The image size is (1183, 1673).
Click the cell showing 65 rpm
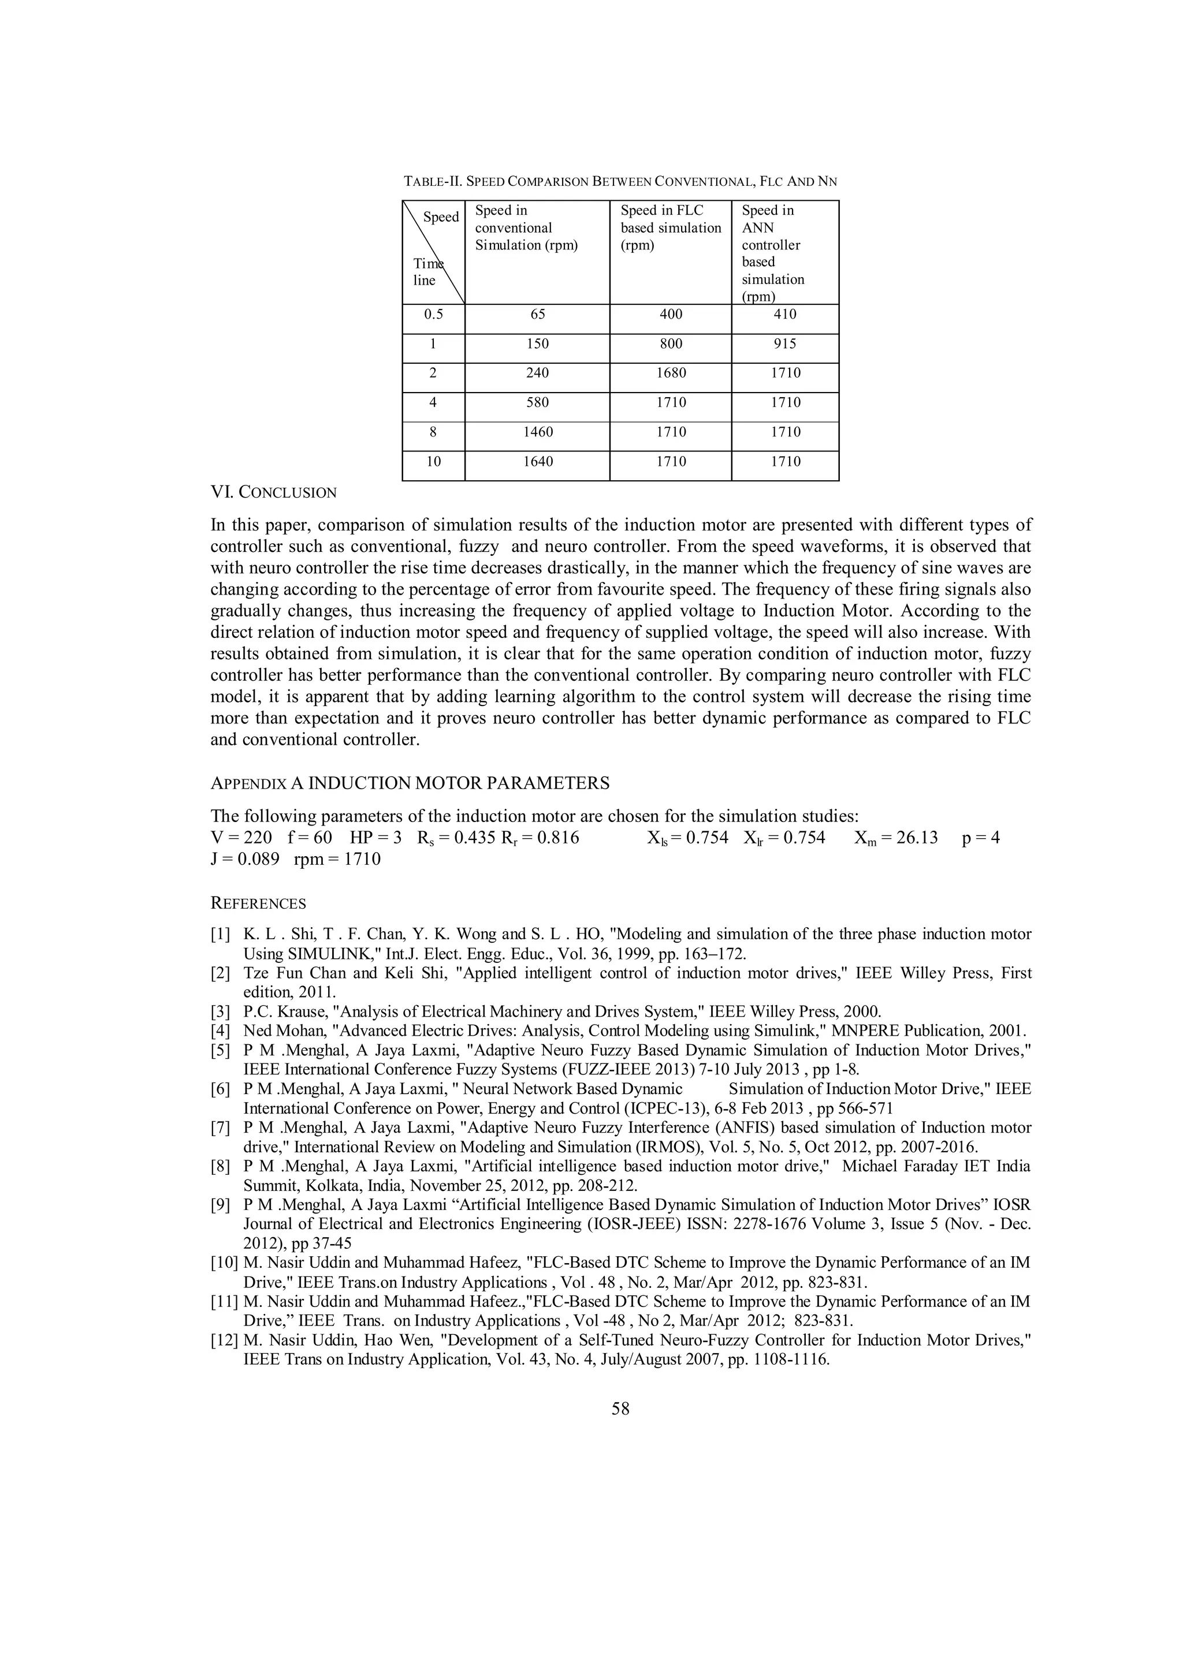pos(537,315)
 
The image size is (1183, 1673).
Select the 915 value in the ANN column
pos(785,344)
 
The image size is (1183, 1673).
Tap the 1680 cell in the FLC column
pos(670,373)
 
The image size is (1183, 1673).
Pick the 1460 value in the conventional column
pos(537,432)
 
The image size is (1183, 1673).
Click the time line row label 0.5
pos(433,315)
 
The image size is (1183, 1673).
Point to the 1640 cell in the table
pos(537,461)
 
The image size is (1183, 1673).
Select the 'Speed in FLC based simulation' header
pos(670,227)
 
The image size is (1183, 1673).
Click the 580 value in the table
pos(537,403)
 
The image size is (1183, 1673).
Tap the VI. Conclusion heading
pos(273,492)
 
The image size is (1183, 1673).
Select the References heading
pos(258,903)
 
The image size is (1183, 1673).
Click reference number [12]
pos(225,1340)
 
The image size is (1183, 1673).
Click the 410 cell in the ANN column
pos(785,315)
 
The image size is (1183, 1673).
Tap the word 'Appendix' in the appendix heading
pos(248,784)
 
